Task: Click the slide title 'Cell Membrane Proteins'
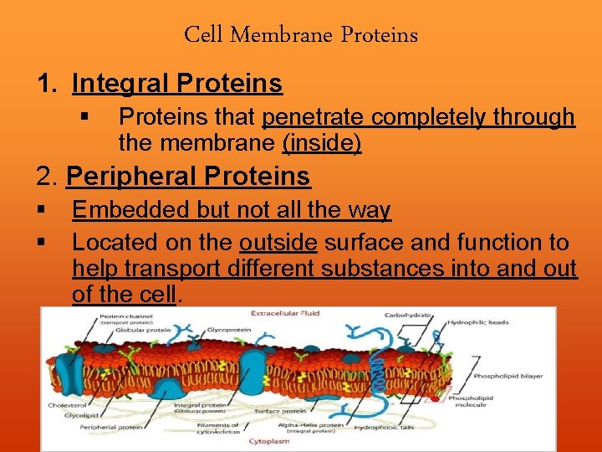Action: [301, 35]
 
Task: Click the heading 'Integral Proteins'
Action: [177, 84]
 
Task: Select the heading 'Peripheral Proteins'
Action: [188, 177]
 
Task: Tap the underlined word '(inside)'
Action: [322, 143]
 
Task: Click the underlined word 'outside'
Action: [278, 243]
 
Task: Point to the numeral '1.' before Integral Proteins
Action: [48, 84]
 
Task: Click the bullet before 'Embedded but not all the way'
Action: [40, 209]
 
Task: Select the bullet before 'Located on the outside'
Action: [40, 243]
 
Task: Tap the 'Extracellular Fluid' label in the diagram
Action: [286, 313]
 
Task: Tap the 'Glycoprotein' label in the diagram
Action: [226, 329]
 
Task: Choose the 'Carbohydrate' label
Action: [407, 316]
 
